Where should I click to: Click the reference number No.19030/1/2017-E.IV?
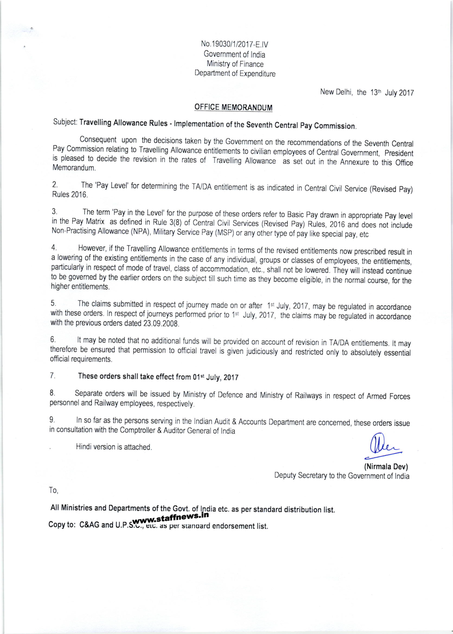click(x=234, y=44)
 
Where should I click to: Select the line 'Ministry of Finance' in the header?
click(x=235, y=64)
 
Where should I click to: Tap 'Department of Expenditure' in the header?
click(x=235, y=73)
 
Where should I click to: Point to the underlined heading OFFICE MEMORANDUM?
click(x=233, y=107)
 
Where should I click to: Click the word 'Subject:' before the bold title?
click(x=65, y=122)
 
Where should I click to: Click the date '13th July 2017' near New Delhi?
click(x=392, y=93)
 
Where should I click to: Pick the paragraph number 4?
click(x=54, y=248)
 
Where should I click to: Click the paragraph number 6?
click(x=53, y=340)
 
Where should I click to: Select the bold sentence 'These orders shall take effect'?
click(x=158, y=377)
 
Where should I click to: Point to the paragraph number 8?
click(x=52, y=393)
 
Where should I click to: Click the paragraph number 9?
click(x=52, y=420)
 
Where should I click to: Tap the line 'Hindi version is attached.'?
click(x=114, y=447)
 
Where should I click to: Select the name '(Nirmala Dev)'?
click(x=386, y=467)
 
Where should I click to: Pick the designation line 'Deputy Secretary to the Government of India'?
click(x=342, y=476)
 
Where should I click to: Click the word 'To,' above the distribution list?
click(x=54, y=491)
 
